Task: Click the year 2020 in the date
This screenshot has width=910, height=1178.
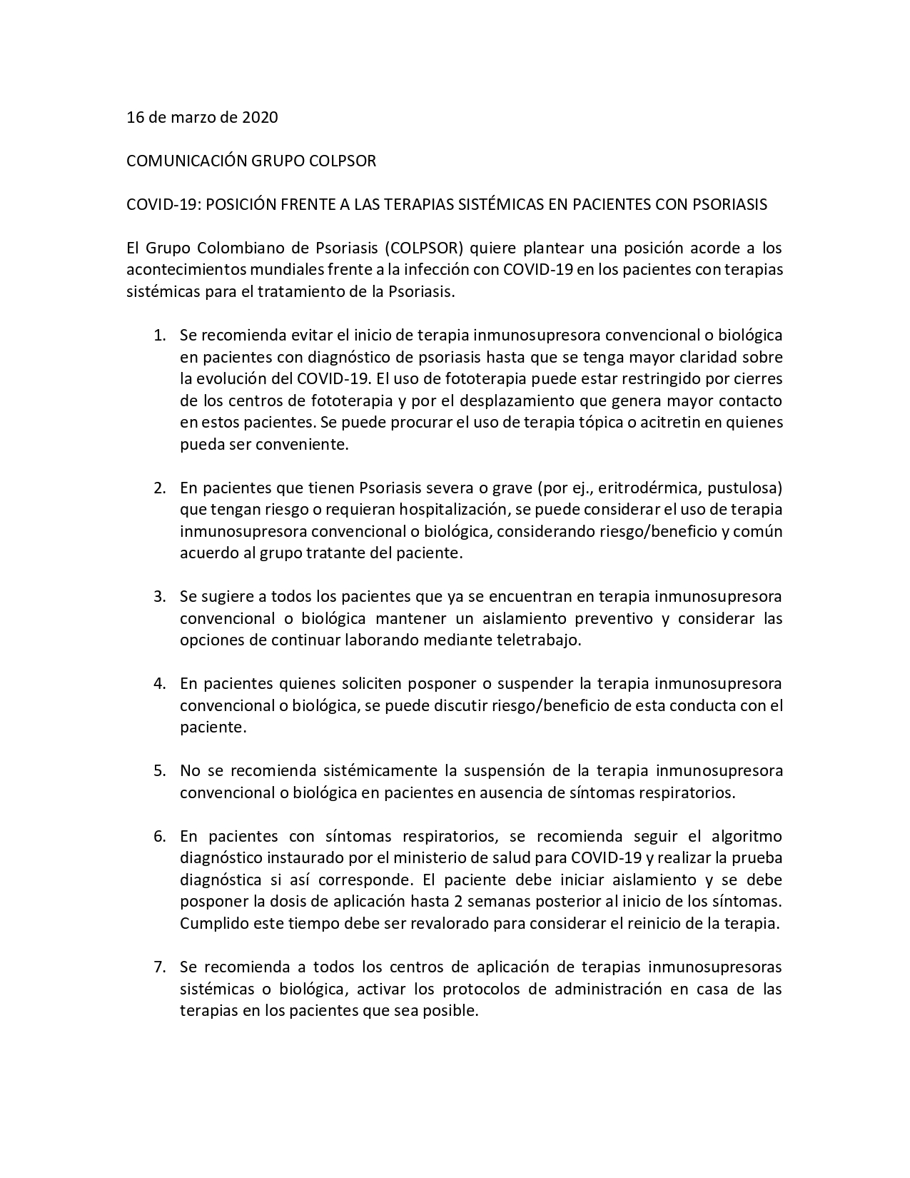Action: point(260,117)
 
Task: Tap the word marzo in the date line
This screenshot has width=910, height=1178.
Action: point(191,117)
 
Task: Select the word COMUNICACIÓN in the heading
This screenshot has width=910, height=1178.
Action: point(186,161)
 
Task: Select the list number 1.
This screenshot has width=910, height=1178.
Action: point(160,335)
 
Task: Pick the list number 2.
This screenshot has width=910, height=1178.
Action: point(160,488)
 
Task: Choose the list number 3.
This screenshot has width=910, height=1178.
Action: point(160,596)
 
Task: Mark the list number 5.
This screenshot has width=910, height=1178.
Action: point(160,770)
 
